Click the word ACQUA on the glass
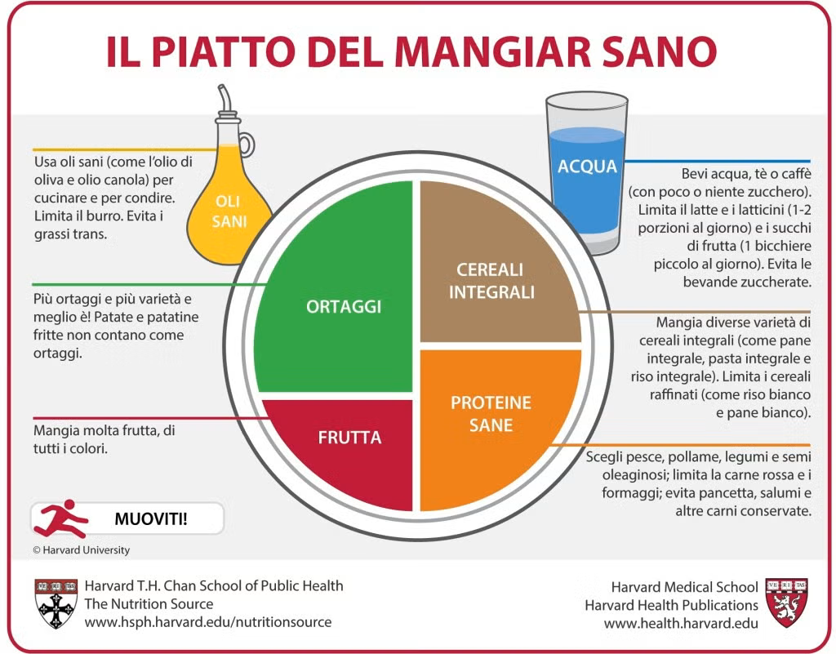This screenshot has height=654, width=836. tap(587, 167)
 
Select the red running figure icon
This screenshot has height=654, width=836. tap(60, 518)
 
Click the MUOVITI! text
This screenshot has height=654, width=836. tap(151, 518)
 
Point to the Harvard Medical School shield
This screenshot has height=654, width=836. tap(786, 603)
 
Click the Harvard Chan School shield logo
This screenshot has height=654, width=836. tap(56, 603)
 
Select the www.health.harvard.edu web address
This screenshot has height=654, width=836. tap(681, 623)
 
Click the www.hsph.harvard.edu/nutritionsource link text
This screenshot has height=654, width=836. tap(208, 622)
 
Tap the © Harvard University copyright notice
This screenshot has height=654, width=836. tap(81, 550)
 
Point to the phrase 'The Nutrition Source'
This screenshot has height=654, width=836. tap(149, 604)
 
